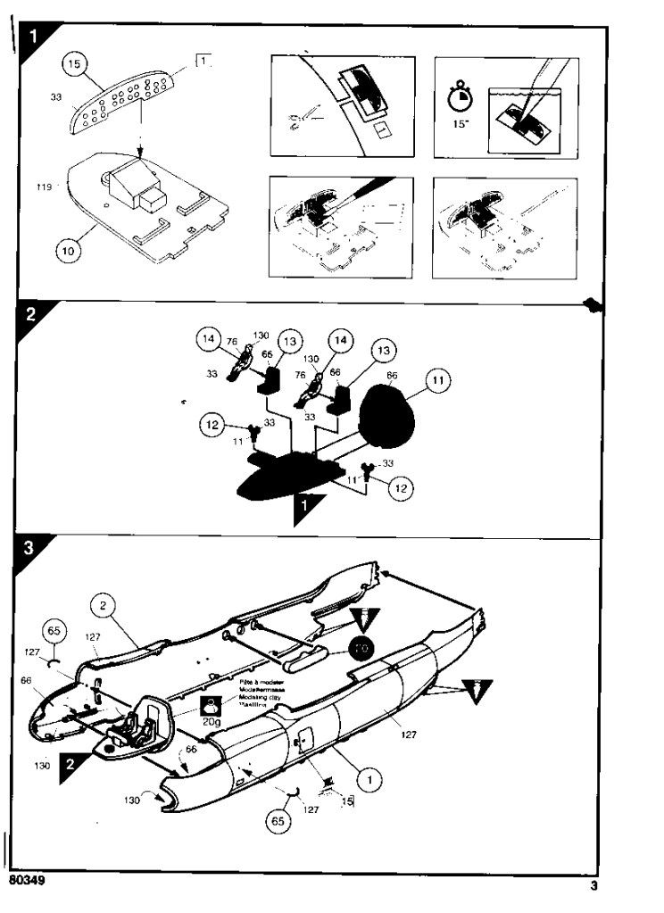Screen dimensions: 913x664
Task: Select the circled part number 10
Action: click(68, 252)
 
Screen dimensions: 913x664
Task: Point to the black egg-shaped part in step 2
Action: click(386, 411)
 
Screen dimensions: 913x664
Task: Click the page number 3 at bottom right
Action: click(593, 886)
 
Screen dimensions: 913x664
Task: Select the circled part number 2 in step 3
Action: click(104, 606)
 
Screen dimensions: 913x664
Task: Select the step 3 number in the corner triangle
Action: click(29, 549)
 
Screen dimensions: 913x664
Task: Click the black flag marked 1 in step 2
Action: click(307, 507)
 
